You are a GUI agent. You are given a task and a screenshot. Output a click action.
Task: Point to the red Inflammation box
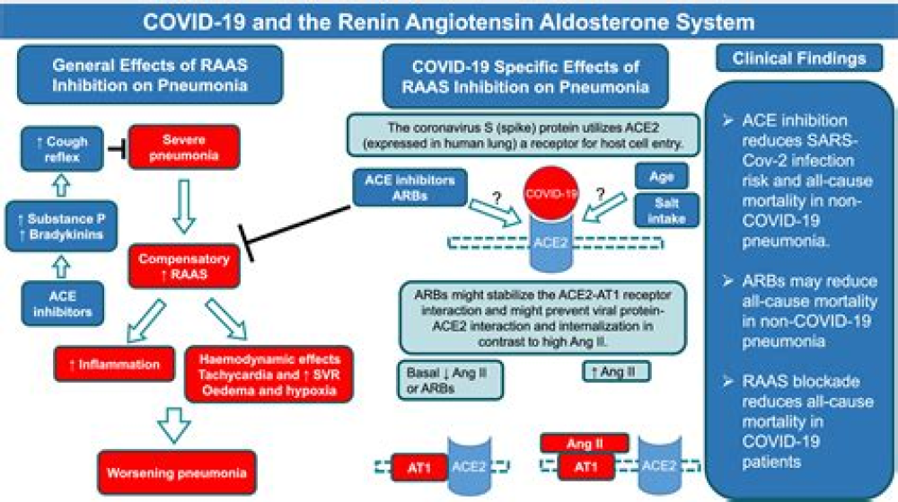click(x=113, y=365)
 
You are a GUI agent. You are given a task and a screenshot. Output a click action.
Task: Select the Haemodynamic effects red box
click(x=267, y=372)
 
